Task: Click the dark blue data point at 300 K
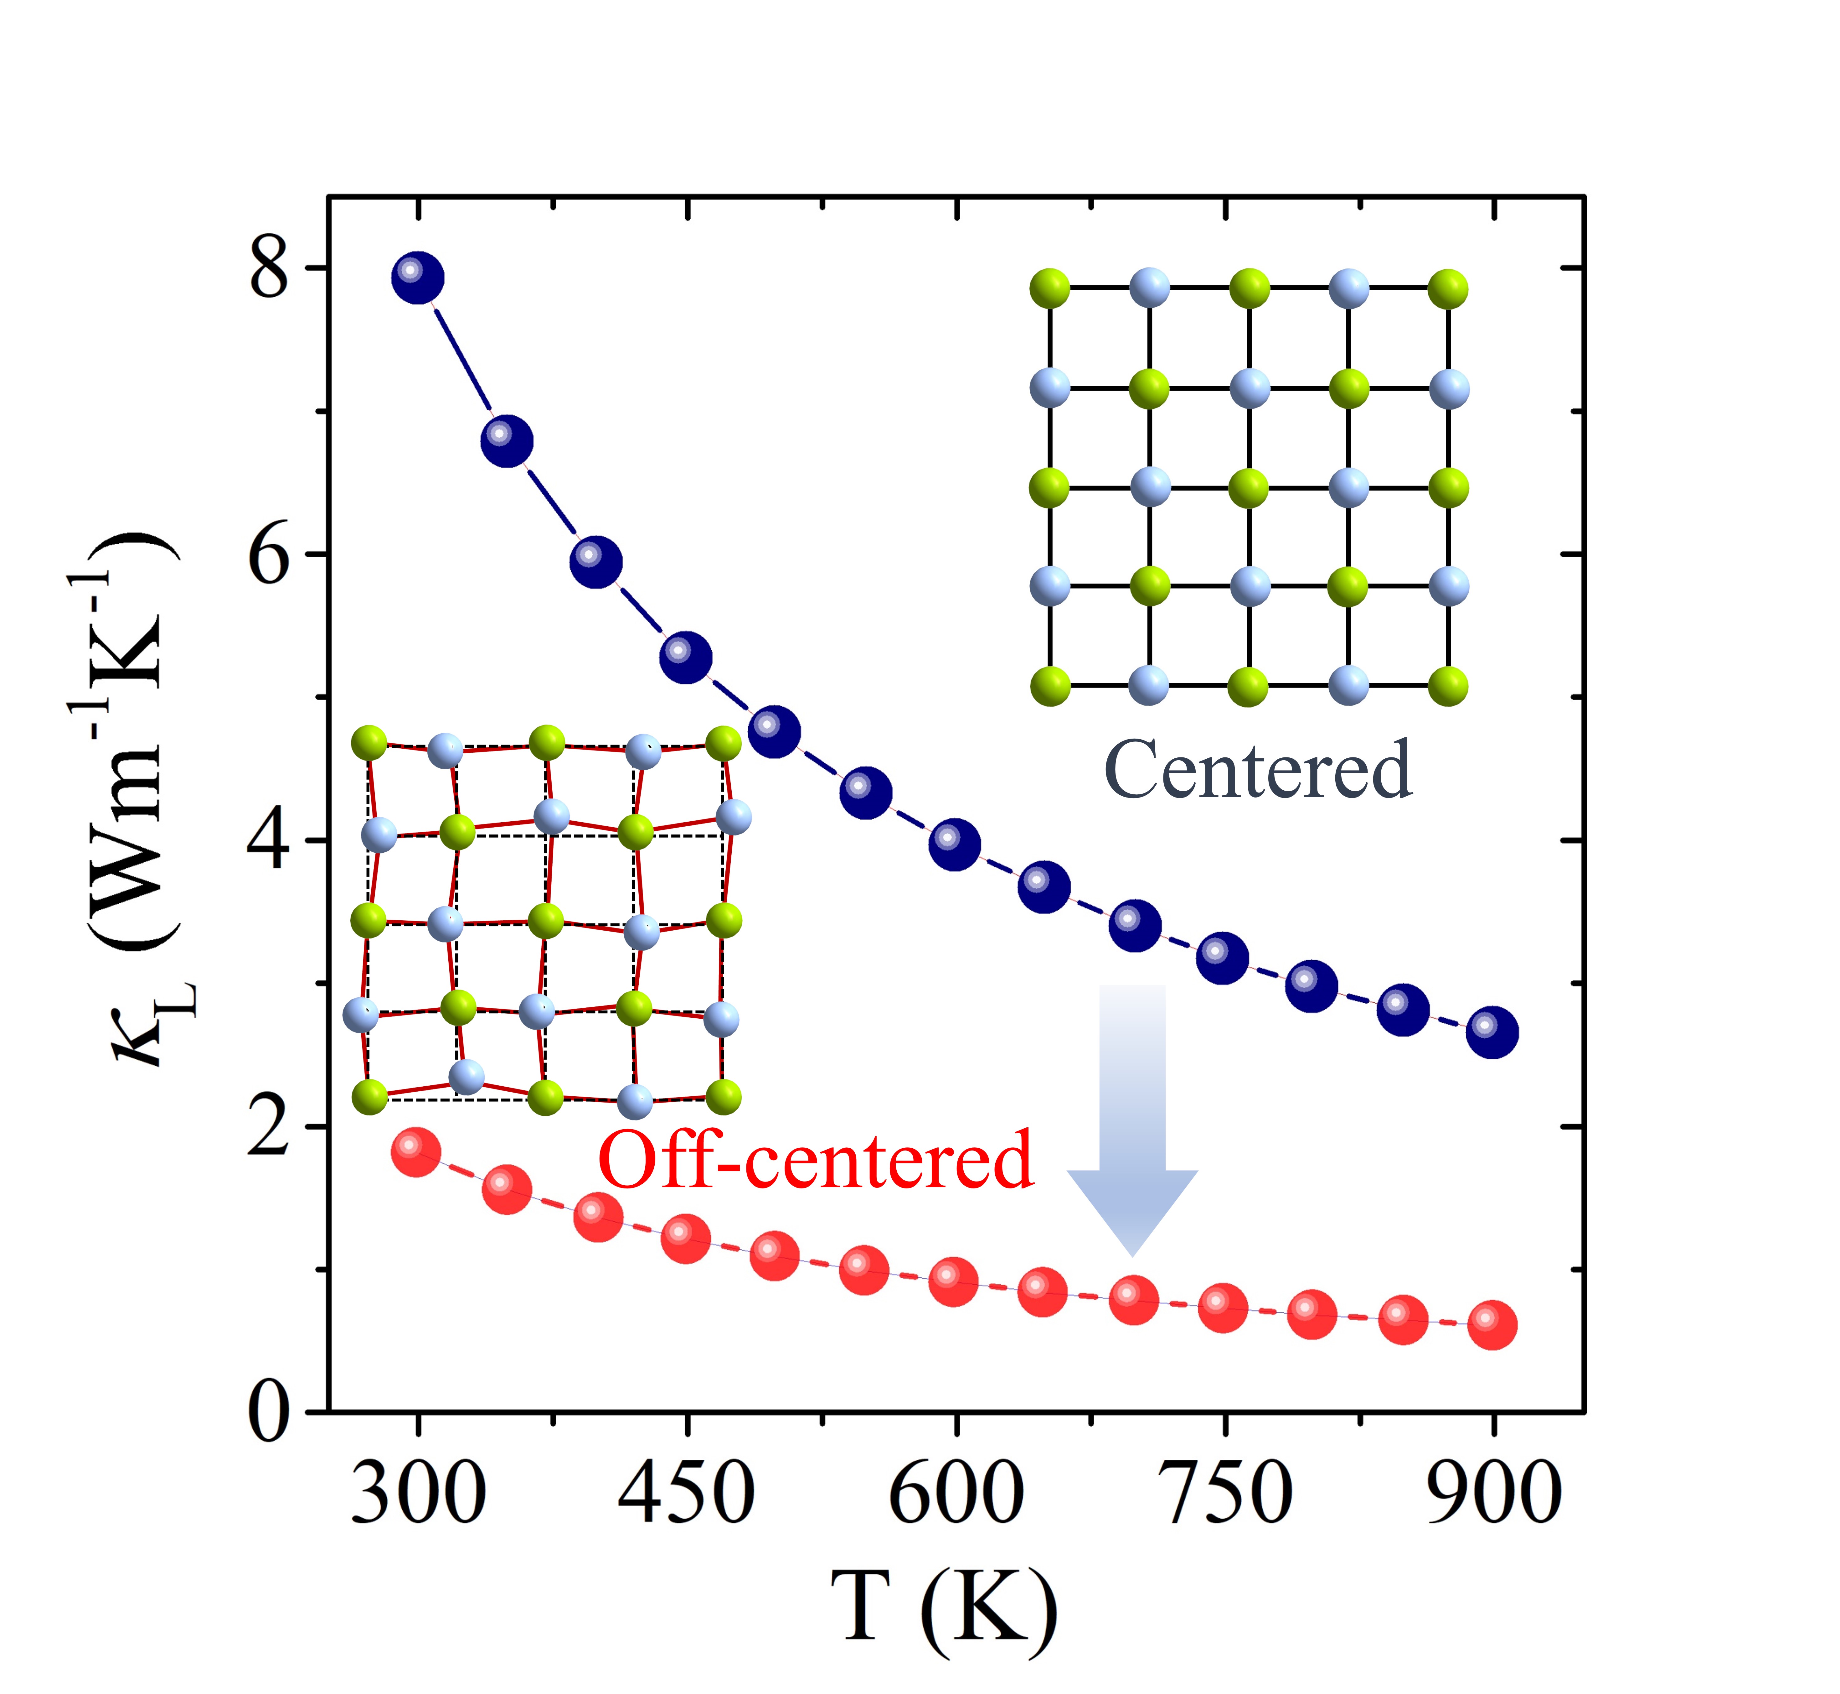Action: [418, 278]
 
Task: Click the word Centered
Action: [1258, 770]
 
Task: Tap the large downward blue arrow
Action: [1133, 1118]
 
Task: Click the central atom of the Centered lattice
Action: [1248, 487]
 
